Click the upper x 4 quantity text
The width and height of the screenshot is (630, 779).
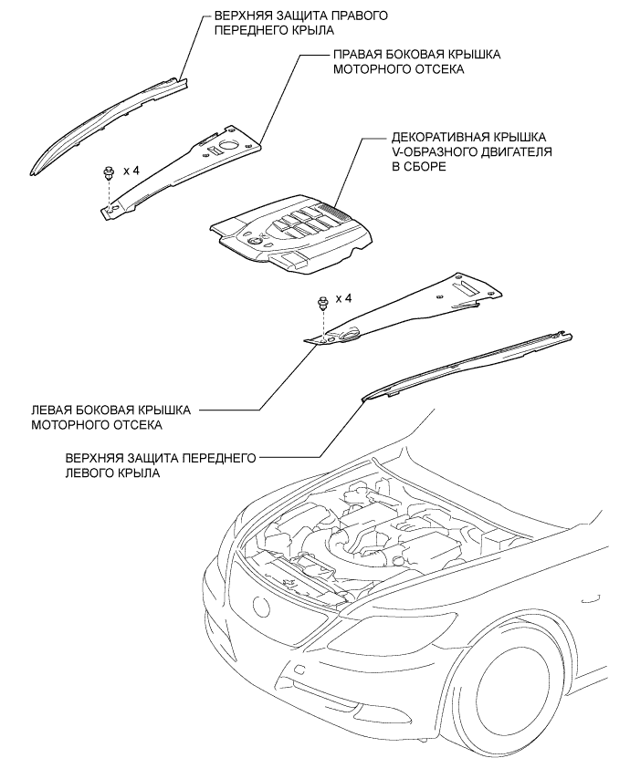[x=133, y=171]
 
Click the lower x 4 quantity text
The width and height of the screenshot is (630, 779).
[x=343, y=298]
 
